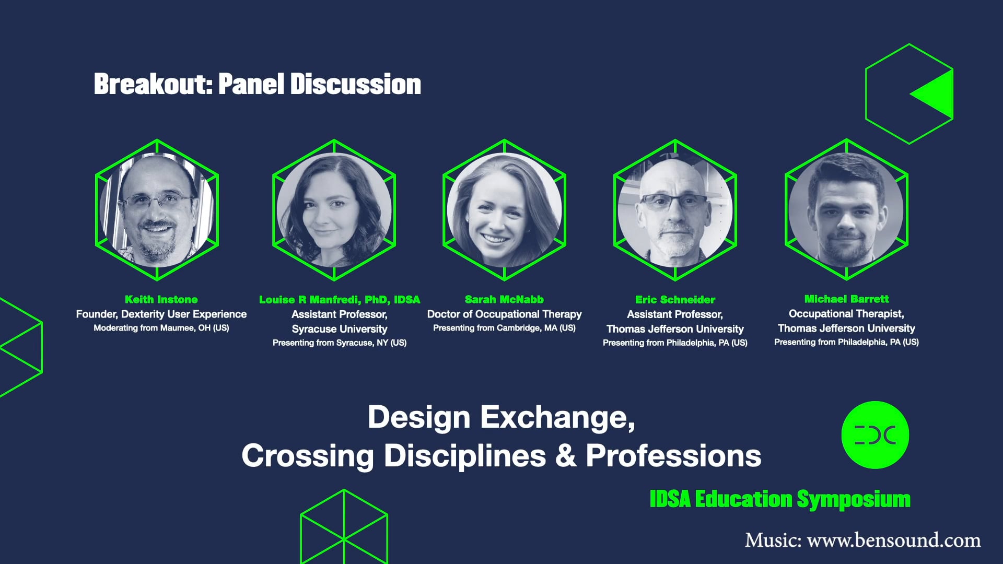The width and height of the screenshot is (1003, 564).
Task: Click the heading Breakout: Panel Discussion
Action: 257,84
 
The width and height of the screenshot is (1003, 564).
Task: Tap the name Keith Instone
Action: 161,299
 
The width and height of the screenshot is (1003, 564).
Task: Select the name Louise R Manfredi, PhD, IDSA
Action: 340,300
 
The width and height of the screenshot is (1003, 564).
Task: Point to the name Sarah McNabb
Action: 504,299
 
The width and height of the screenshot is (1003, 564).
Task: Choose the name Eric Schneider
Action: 675,300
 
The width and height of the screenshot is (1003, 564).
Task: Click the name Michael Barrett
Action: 846,299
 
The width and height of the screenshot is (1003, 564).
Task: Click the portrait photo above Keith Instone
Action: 157,210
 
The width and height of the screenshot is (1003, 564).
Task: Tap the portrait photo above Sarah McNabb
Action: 504,210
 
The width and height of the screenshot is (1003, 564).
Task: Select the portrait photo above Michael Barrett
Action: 846,210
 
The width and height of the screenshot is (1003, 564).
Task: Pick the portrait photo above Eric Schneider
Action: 675,210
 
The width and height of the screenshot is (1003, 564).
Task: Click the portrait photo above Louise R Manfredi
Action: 334,210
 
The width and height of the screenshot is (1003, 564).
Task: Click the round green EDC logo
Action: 875,434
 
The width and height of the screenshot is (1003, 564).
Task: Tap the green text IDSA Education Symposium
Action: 780,499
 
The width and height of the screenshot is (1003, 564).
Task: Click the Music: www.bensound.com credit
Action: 862,540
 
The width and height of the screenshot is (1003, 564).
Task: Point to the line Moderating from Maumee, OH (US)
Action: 161,328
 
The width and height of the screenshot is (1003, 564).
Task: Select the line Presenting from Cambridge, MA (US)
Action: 504,328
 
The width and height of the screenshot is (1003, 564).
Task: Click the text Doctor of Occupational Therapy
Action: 504,314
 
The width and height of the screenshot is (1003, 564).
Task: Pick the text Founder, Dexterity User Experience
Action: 161,314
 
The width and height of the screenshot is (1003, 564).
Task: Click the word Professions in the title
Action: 673,455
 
